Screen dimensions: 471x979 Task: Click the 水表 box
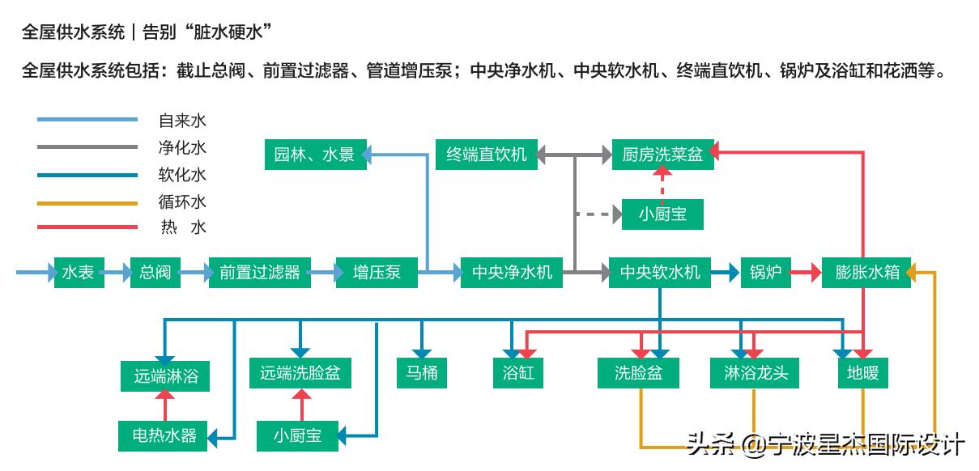pos(79,273)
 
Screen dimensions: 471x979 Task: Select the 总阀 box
pos(155,273)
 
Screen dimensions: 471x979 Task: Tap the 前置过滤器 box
pos(259,273)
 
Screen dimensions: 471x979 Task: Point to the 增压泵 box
pos(377,273)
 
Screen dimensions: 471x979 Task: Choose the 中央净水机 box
pos(512,273)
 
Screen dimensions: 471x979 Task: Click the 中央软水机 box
pos(660,273)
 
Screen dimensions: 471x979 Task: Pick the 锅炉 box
pos(765,273)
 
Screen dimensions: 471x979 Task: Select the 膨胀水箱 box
pos(866,273)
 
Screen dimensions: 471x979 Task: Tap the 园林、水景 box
pos(315,155)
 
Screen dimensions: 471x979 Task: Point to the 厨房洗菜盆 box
pos(662,155)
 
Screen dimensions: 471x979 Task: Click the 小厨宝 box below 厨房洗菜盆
pos(662,214)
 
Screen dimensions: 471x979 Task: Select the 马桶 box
pos(422,374)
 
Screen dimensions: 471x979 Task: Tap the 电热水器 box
pos(164,435)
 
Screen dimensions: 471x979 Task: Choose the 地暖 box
pos(862,374)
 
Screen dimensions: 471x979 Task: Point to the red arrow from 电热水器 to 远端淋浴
pos(164,405)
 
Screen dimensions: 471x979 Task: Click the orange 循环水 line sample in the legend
pos(87,202)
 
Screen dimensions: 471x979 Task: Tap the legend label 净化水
pos(182,148)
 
